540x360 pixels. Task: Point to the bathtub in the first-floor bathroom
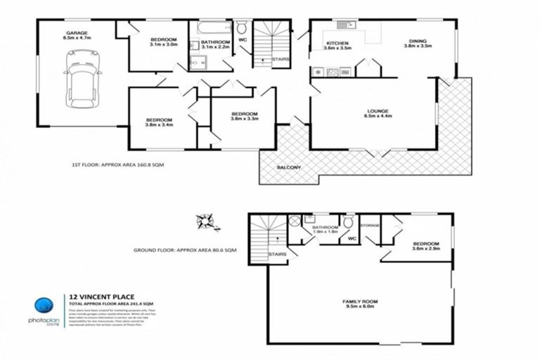212,29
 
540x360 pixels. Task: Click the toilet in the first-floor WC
243,29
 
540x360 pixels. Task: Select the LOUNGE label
378,114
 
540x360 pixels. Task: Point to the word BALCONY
288,167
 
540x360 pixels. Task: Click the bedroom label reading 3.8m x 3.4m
159,123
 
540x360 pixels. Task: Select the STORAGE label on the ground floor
369,226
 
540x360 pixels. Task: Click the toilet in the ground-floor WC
348,223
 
